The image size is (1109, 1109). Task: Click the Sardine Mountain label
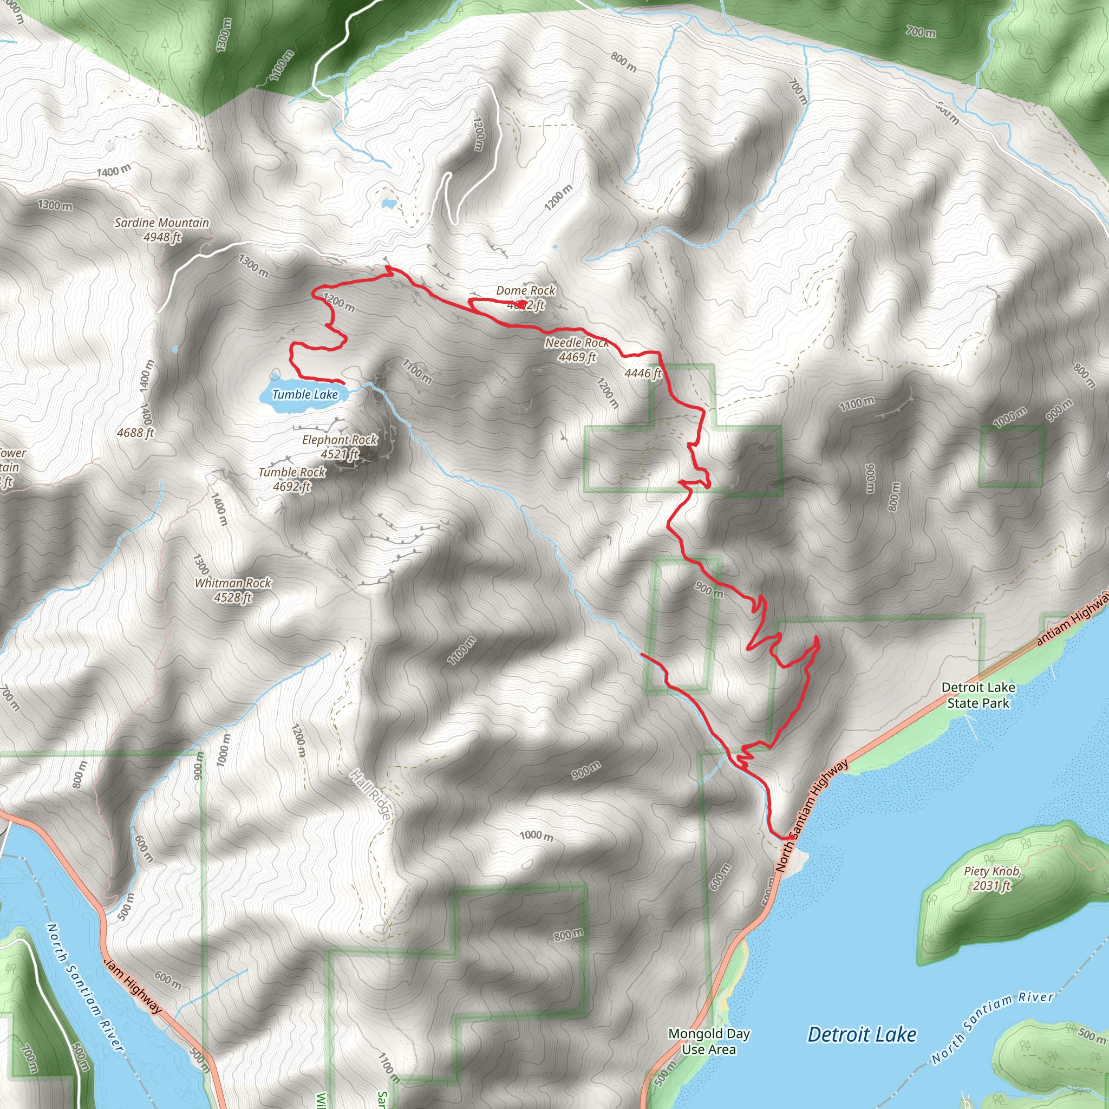point(161,223)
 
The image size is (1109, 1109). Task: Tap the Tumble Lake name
point(305,394)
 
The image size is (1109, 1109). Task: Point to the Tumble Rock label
point(292,472)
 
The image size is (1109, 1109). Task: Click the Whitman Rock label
point(232,583)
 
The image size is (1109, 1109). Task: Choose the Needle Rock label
point(576,343)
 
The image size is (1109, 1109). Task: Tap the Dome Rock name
point(525,290)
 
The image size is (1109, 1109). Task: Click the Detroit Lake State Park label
point(978,695)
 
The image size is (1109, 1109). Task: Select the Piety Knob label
point(991,871)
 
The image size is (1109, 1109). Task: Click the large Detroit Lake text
point(862,1034)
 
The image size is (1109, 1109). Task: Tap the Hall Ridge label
point(371,794)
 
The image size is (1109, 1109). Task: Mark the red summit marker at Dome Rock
point(521,304)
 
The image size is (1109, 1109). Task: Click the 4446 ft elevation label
point(643,374)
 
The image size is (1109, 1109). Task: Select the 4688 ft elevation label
point(135,433)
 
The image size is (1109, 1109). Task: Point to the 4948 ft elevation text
point(162,237)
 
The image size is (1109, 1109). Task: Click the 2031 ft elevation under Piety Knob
point(991,886)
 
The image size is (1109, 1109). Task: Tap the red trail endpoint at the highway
point(791,838)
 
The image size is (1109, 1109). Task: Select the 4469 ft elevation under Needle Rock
point(577,357)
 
